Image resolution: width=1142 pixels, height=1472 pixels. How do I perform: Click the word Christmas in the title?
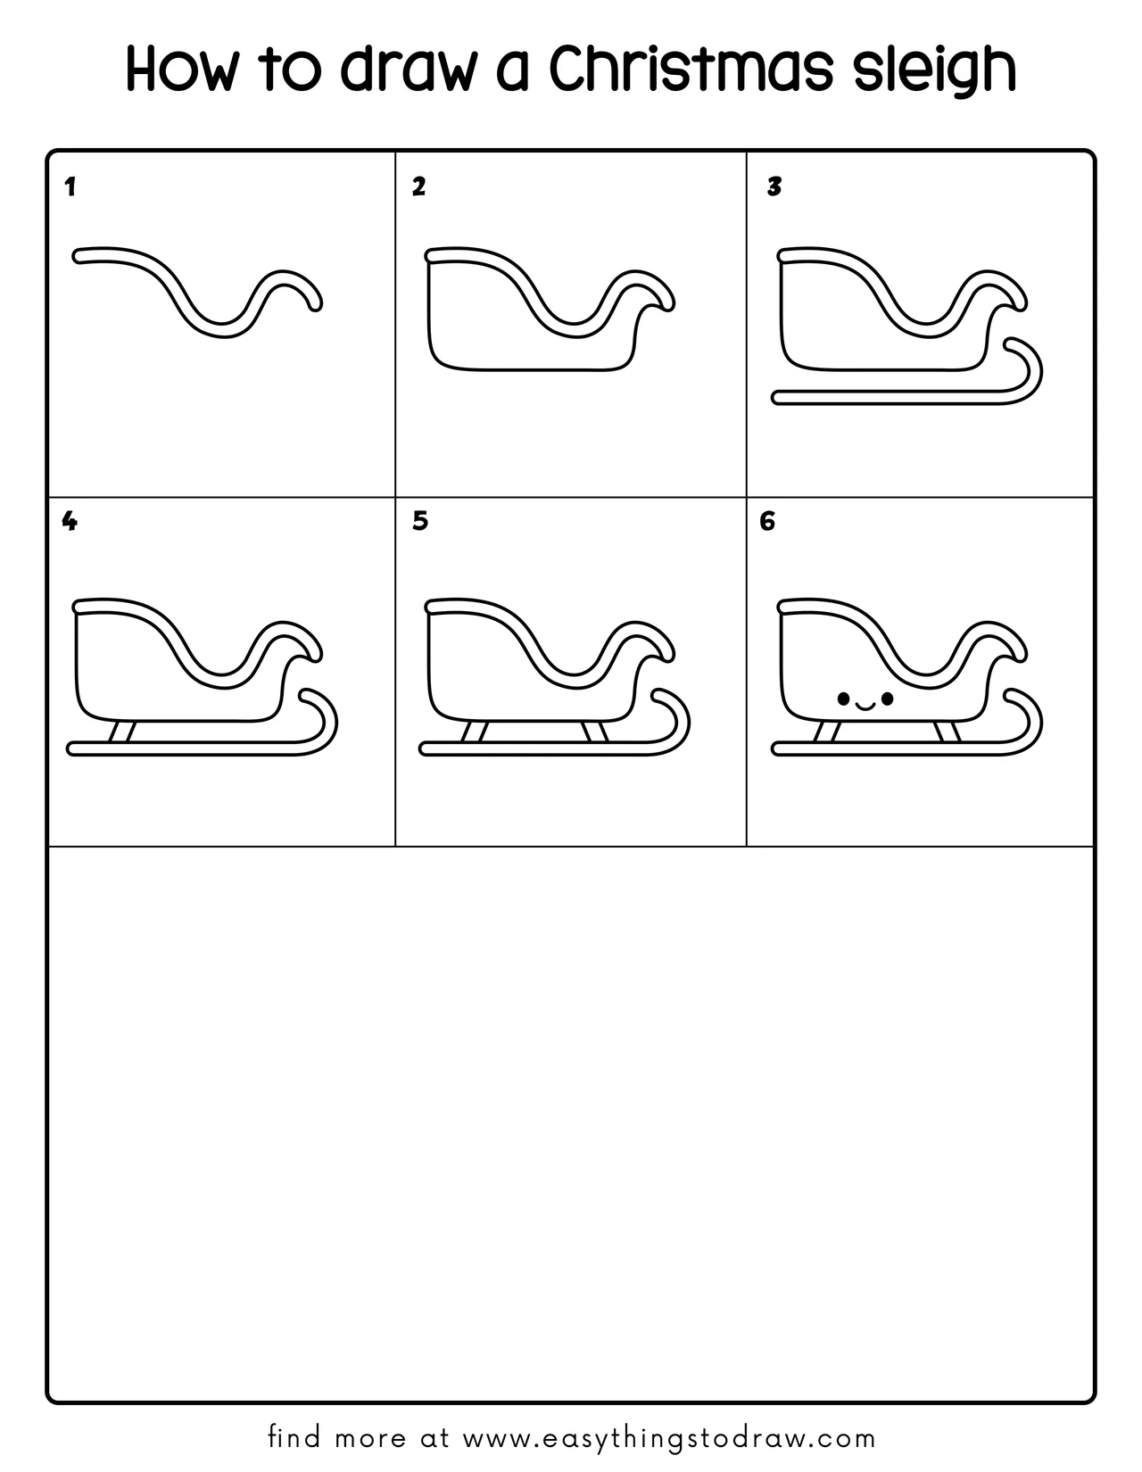(x=691, y=69)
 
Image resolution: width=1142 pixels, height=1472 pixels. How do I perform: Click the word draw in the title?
(x=405, y=69)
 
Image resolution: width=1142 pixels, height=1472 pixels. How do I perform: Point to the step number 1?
(x=70, y=187)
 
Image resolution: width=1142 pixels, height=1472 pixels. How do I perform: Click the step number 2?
(x=418, y=187)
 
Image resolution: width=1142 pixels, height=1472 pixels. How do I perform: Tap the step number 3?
(x=774, y=187)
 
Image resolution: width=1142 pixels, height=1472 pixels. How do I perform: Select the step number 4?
(x=69, y=521)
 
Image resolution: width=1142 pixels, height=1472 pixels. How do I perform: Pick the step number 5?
(x=420, y=521)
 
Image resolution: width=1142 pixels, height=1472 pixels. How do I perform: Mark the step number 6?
(x=766, y=521)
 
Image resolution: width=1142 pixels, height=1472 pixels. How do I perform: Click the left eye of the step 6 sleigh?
(x=843, y=698)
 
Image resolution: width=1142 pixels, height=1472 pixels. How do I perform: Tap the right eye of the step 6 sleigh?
(x=887, y=698)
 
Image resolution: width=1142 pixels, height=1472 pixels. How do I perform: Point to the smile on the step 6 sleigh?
(x=865, y=706)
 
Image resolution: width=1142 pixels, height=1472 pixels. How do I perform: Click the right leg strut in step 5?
(x=594, y=732)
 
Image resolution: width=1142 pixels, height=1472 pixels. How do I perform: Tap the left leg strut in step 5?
(x=474, y=732)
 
